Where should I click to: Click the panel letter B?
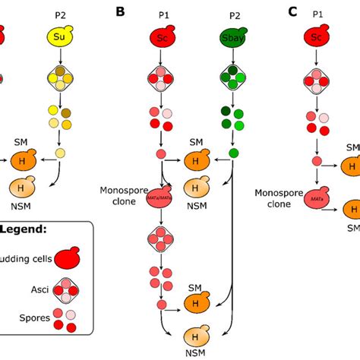point(120,11)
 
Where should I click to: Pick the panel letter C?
point(293,11)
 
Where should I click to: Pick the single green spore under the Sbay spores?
point(232,155)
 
